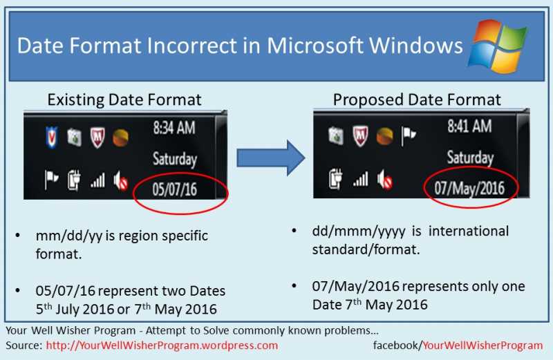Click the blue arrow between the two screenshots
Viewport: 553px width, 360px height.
pyautogui.click(x=270, y=158)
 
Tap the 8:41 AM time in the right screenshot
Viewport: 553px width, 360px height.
pyautogui.click(x=469, y=126)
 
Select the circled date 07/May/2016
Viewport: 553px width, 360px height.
pyautogui.click(x=469, y=187)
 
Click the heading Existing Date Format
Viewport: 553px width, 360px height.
pyautogui.click(x=124, y=100)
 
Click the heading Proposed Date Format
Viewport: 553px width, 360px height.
pyautogui.click(x=417, y=100)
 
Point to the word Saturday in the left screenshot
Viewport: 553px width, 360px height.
pyautogui.click(x=174, y=159)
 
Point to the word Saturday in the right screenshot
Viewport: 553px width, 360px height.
pyautogui.click(x=470, y=158)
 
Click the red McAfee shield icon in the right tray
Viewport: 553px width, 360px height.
pyautogui.click(x=360, y=134)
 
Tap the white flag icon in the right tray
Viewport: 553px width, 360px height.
pyautogui.click(x=409, y=134)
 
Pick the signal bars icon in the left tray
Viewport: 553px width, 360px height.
pyautogui.click(x=97, y=181)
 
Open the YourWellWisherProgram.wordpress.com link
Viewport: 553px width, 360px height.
pyautogui.click(x=162, y=345)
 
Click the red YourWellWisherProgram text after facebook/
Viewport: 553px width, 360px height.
pyautogui.click(x=482, y=345)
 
